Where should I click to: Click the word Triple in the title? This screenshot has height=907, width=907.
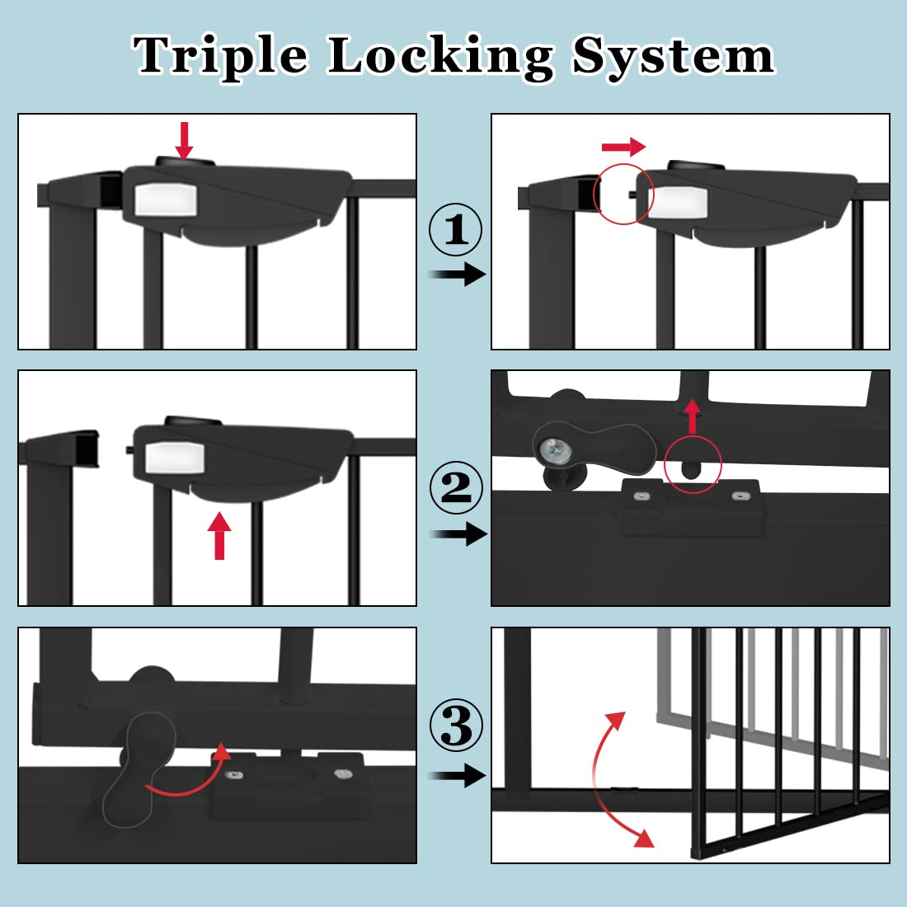[221, 56]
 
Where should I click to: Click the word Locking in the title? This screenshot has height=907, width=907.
[440, 56]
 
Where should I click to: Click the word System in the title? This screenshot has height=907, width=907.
[673, 56]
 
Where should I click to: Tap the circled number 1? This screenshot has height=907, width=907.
[456, 229]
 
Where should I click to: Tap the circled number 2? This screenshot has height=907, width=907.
[456, 487]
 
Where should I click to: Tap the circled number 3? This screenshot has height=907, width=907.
[456, 726]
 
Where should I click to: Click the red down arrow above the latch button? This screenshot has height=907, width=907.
[184, 140]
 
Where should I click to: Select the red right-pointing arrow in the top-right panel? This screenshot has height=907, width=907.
[623, 148]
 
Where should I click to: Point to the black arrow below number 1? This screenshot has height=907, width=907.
[458, 274]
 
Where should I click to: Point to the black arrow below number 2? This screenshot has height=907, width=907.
[458, 534]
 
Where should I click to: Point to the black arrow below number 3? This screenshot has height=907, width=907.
[458, 775]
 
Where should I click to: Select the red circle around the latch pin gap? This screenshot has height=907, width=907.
[623, 195]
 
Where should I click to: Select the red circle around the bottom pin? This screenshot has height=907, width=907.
[693, 465]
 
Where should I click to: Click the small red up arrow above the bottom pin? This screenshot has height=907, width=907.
[693, 416]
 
